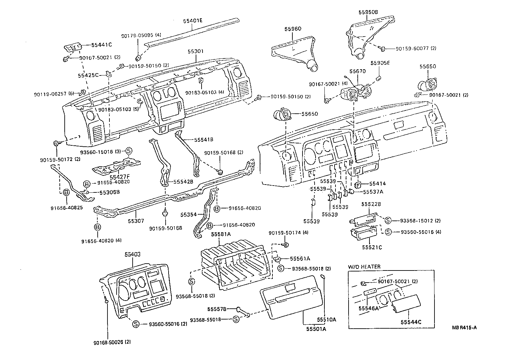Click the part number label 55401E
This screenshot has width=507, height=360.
[193, 21]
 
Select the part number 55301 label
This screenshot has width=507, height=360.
[196, 51]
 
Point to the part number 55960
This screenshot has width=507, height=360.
[292, 29]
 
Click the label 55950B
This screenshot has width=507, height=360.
[368, 12]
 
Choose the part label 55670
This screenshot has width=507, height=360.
[357, 71]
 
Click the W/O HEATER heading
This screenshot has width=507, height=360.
[364, 267]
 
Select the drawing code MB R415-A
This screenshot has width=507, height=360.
[464, 328]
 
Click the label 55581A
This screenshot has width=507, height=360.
[221, 234]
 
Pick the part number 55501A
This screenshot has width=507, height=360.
[316, 329]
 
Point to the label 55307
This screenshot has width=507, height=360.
[136, 221]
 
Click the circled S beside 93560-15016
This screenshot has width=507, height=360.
[129, 151]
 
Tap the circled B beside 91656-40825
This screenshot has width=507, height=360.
[66, 192]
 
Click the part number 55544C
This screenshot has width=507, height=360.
[411, 322]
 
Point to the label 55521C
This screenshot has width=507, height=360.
[372, 247]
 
